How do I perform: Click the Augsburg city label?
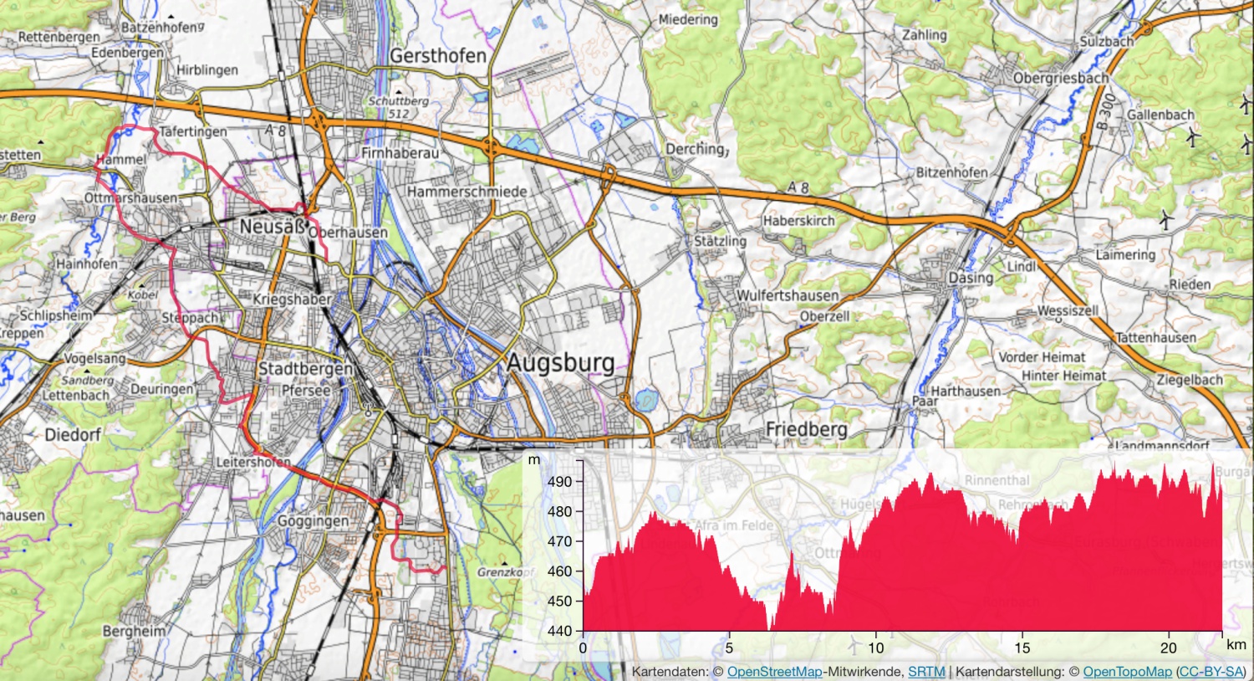(x=561, y=363)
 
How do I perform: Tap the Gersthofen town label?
(x=438, y=56)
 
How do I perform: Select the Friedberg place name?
(x=806, y=429)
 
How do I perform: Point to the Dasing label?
(x=971, y=277)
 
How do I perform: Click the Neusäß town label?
(x=273, y=227)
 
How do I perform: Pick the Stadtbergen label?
(x=305, y=369)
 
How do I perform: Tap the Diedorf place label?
(x=73, y=434)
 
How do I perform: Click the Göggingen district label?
(x=313, y=521)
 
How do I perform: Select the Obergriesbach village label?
(x=1061, y=78)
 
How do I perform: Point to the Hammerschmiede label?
(x=467, y=192)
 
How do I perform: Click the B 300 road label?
(x=1106, y=111)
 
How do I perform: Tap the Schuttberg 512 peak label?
(x=399, y=107)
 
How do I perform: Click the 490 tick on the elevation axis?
(x=560, y=482)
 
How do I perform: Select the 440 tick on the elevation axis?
(x=560, y=631)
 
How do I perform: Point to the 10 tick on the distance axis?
(x=875, y=648)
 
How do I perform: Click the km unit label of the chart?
(x=1236, y=644)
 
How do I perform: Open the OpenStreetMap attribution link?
(x=774, y=672)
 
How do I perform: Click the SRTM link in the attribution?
(x=926, y=672)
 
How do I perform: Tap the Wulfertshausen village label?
(x=787, y=295)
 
